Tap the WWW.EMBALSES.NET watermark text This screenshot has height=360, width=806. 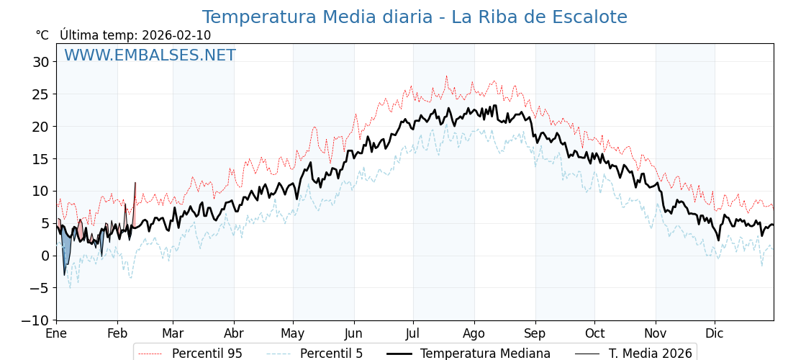150,55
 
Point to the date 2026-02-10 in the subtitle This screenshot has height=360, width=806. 176,35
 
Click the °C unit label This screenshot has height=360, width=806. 42,35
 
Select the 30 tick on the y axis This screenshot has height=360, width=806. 41,62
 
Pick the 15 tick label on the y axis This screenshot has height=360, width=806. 41,158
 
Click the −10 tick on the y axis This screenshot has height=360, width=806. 35,320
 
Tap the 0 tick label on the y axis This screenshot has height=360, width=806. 45,256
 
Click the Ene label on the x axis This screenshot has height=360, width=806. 56,334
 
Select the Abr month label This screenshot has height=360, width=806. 234,334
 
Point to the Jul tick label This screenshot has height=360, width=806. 413,334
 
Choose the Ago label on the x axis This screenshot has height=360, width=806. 474,334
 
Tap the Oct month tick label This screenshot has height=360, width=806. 594,334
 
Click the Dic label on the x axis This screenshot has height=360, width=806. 715,334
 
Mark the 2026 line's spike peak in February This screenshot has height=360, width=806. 135,183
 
